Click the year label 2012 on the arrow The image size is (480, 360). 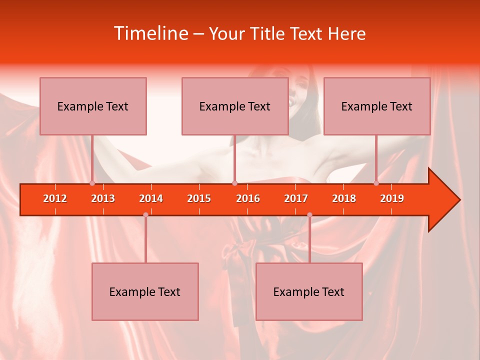click(x=55, y=199)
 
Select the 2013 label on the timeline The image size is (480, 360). click(x=103, y=199)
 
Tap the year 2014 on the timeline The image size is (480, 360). click(x=151, y=199)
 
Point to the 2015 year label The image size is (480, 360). click(x=199, y=199)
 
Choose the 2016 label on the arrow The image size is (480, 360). click(x=248, y=199)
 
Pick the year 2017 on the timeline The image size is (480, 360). click(x=296, y=199)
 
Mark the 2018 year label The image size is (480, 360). click(x=344, y=199)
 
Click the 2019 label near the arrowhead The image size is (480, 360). click(x=392, y=199)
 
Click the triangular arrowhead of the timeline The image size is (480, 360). click(x=442, y=200)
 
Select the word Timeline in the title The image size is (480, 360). click(x=150, y=33)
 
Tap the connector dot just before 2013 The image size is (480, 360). click(x=92, y=183)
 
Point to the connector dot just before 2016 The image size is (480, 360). click(x=234, y=183)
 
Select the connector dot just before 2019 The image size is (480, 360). click(x=376, y=183)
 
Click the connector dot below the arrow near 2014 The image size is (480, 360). click(x=145, y=215)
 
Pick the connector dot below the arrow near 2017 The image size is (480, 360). click(x=309, y=215)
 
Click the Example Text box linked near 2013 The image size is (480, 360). click(x=93, y=106)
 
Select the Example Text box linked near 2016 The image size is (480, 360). click(x=235, y=106)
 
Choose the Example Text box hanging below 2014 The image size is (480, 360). click(x=145, y=292)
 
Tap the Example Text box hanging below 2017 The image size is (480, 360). click(x=309, y=292)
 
